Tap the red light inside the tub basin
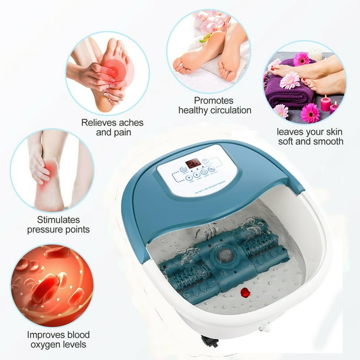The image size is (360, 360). (245, 292)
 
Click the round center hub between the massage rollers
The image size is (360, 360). (224, 255)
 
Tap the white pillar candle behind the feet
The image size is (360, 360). (316, 55)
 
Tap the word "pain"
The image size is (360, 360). (123, 132)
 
